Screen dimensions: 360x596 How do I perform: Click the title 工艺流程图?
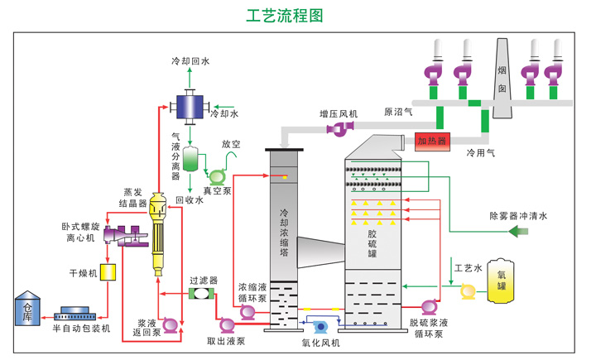click(285, 16)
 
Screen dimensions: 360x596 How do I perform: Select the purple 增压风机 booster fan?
click(339, 127)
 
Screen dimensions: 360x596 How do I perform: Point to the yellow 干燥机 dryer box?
click(107, 271)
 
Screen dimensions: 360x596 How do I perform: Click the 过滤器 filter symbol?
click(201, 294)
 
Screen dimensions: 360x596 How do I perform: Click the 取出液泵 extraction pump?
click(225, 325)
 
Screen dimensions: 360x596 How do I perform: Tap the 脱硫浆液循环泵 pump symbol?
click(430, 308)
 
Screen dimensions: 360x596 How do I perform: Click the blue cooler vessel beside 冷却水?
click(190, 105)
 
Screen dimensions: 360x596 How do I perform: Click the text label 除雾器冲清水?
click(518, 216)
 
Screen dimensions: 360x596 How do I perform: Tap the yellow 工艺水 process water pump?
click(467, 290)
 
